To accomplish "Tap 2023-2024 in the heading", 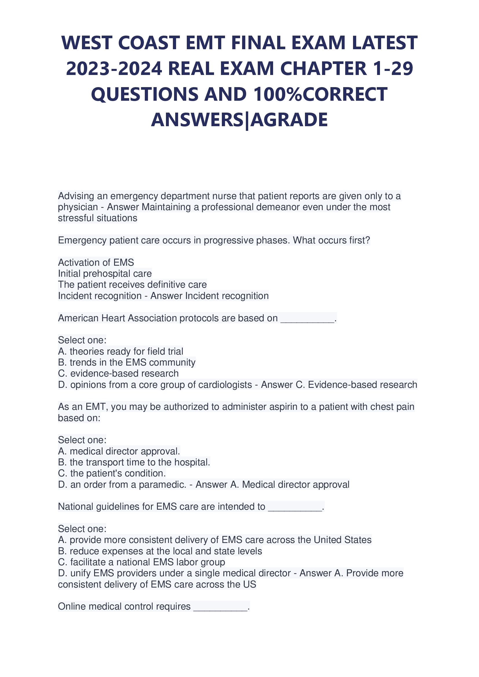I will tap(114, 69).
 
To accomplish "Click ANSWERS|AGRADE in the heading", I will tap(239, 120).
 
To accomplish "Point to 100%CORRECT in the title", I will tap(320, 94).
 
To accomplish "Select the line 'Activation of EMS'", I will tap(96, 263).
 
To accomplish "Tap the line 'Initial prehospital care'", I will tap(105, 274).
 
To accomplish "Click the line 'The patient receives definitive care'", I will tap(132, 285).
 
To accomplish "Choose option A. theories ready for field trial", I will tap(120, 351).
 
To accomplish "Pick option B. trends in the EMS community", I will tap(127, 362).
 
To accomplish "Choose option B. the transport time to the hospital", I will tap(134, 462).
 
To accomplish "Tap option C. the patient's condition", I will tap(112, 473).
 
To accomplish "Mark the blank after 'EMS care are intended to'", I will tap(295, 507).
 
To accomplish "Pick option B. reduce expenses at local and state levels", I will tap(160, 551).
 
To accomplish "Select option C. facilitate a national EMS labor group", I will tap(141, 562).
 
